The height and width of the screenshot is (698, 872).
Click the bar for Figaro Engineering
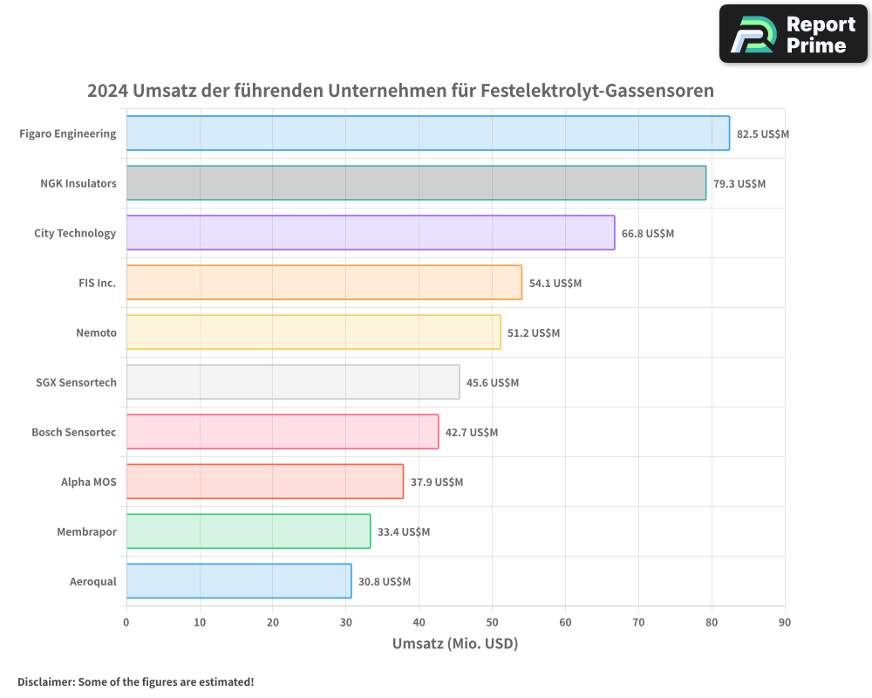pyautogui.click(x=427, y=133)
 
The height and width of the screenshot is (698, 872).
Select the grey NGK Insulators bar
pyautogui.click(x=416, y=183)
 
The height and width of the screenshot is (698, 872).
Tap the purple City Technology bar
pyautogui.click(x=371, y=233)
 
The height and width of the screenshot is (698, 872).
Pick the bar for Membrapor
pyautogui.click(x=249, y=531)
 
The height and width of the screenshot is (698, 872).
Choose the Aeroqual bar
pyautogui.click(x=239, y=581)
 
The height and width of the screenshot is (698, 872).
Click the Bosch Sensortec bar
pyautogui.click(x=283, y=432)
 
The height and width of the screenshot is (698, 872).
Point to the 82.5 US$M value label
pyautogui.click(x=762, y=134)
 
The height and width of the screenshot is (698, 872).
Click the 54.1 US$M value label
pyautogui.click(x=555, y=284)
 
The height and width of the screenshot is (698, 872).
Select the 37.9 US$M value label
pyautogui.click(x=436, y=482)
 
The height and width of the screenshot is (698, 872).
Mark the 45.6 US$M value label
pyautogui.click(x=492, y=383)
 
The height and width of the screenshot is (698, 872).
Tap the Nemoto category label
pyautogui.click(x=96, y=332)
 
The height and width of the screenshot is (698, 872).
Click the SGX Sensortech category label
pyautogui.click(x=76, y=382)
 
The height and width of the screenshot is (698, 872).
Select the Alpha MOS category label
pyautogui.click(x=88, y=482)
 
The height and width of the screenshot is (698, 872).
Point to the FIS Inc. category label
pyautogui.click(x=97, y=283)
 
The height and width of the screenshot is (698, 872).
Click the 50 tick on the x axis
pyautogui.click(x=492, y=622)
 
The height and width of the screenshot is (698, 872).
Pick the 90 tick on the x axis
pyautogui.click(x=785, y=622)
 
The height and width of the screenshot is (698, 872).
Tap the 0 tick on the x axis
pyautogui.click(x=126, y=622)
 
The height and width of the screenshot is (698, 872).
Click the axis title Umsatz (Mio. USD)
pyautogui.click(x=455, y=644)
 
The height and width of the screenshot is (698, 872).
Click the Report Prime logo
pyautogui.click(x=793, y=34)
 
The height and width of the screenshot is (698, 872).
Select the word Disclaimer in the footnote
pyautogui.click(x=45, y=681)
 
